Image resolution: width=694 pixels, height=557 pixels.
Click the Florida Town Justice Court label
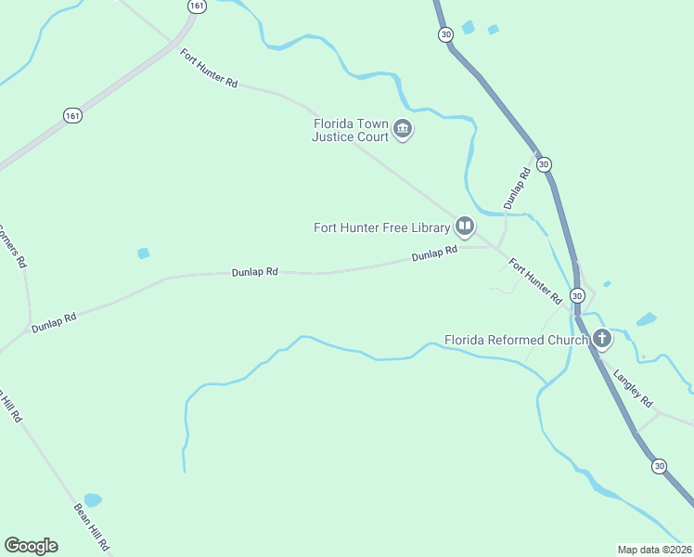[x=350, y=129]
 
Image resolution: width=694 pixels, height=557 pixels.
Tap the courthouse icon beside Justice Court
[x=403, y=130]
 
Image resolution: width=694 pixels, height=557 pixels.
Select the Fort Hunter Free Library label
[x=381, y=227]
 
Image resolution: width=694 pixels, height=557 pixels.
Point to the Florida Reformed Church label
[x=516, y=340]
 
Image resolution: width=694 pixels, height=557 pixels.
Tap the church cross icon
[x=602, y=339]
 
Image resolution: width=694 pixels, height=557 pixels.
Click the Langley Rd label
[x=635, y=389]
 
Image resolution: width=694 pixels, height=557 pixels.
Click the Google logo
[x=31, y=546]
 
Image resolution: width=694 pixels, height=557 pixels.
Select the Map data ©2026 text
[x=655, y=550]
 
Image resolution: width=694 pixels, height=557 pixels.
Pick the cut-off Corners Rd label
[x=11, y=246]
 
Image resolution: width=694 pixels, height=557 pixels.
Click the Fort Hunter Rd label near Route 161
[x=210, y=69]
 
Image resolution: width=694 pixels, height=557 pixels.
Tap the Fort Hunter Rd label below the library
[x=536, y=282]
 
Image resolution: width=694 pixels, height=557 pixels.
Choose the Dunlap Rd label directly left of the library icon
[x=435, y=253]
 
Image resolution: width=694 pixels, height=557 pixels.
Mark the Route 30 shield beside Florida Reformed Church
[x=577, y=295]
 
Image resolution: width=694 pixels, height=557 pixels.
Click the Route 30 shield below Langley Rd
[x=659, y=465]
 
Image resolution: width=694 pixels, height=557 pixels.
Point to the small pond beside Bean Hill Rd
[x=92, y=500]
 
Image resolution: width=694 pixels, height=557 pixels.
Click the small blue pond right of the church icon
[x=647, y=320]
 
